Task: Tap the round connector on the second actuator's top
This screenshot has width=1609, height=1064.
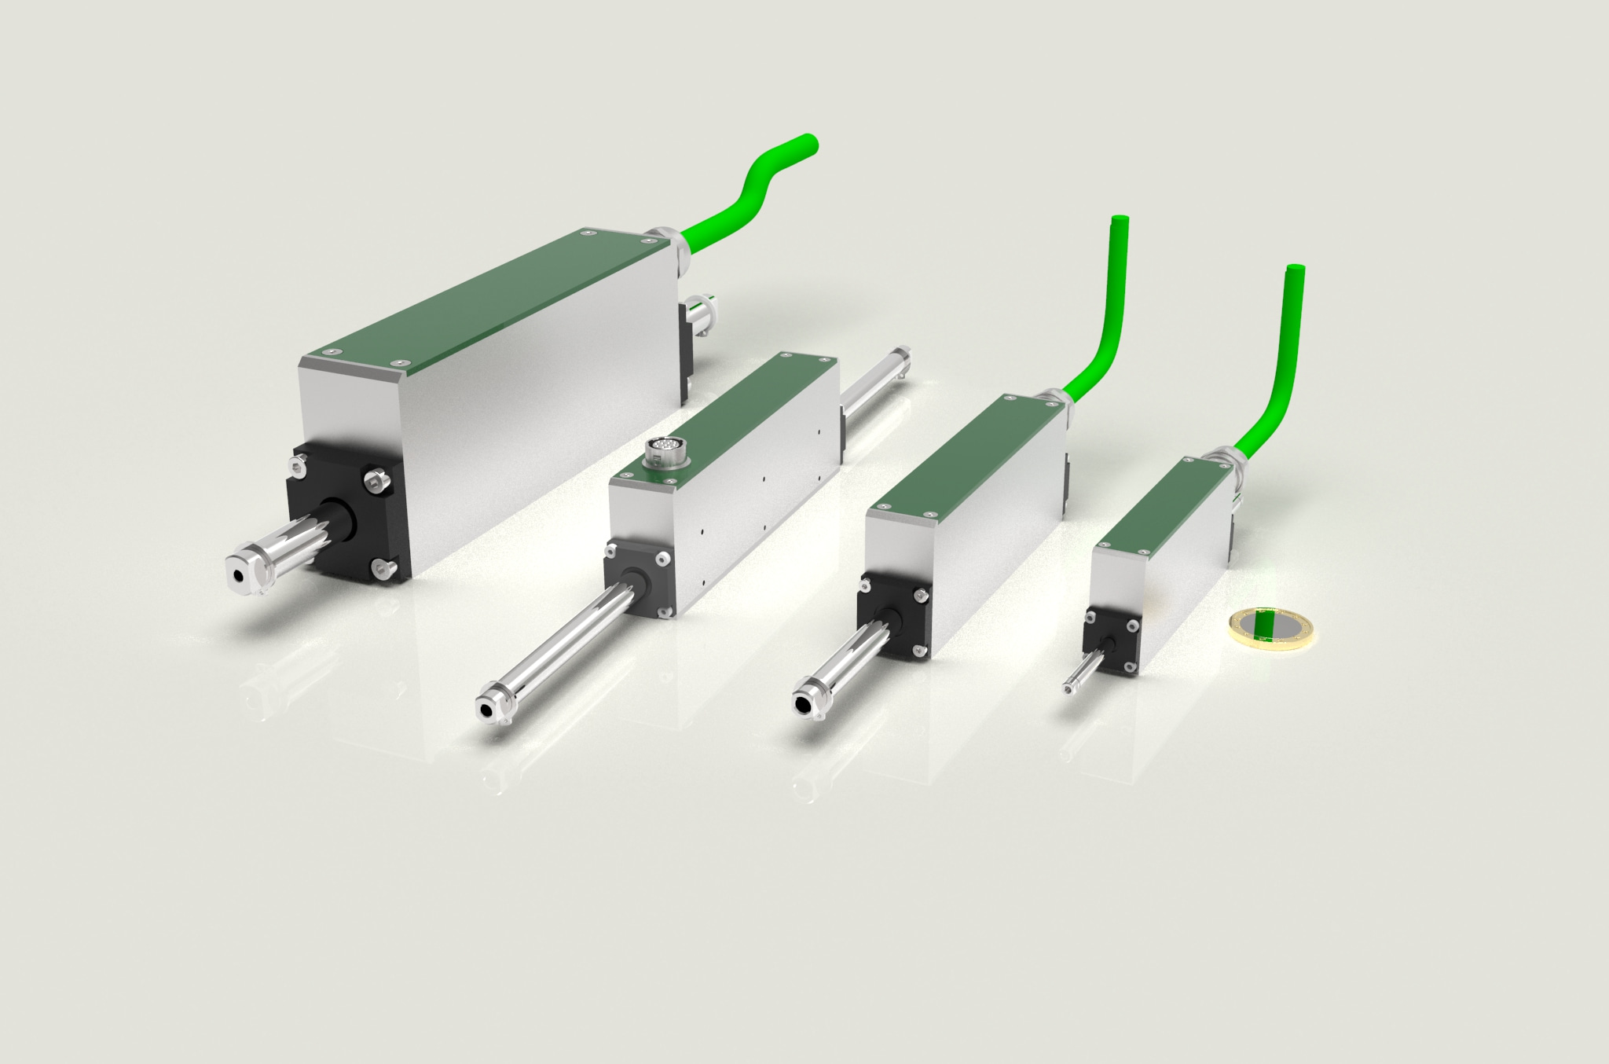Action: [659, 453]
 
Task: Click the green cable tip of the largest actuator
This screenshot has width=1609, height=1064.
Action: [808, 144]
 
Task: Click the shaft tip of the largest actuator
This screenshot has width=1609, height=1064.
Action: [239, 574]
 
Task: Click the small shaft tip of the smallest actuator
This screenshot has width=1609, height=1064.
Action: [1069, 688]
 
